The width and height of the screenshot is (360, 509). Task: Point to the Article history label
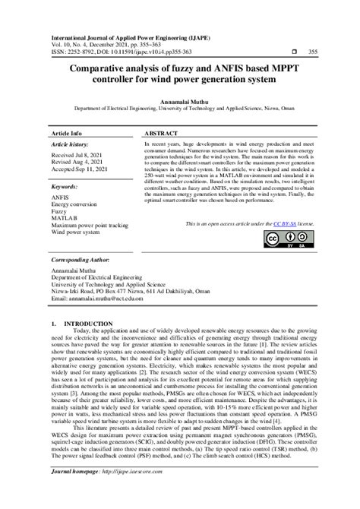(74, 143)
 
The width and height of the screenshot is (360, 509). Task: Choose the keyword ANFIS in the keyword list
(59, 198)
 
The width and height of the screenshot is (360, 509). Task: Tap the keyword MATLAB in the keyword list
(64, 219)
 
